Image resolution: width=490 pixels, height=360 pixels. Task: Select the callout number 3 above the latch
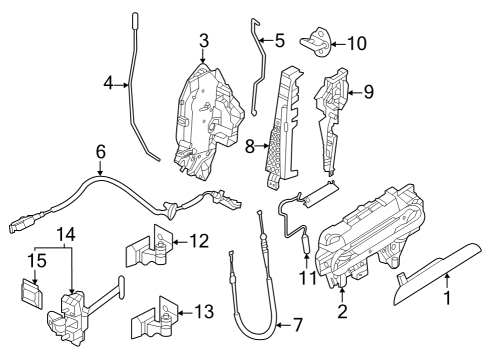(203, 41)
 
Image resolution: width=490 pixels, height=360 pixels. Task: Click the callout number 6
(99, 151)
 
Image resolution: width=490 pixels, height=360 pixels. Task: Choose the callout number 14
(66, 233)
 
